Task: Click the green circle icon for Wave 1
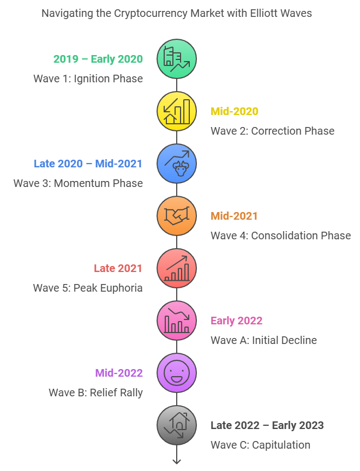pos(177,59)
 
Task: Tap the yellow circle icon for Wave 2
pos(177,111)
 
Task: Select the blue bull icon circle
pos(177,164)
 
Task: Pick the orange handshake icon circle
pos(177,216)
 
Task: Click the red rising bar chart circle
pos(177,268)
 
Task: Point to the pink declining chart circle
pos(177,321)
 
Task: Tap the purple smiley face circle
pos(177,373)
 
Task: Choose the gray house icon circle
pos(177,425)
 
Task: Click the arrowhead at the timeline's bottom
pos(177,462)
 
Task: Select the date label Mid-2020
pos(235,111)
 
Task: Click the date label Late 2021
pos(118,268)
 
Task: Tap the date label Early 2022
pos(237,321)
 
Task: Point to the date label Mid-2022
pos(119,373)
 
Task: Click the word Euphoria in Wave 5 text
pos(121,288)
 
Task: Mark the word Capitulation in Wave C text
pos(281,445)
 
